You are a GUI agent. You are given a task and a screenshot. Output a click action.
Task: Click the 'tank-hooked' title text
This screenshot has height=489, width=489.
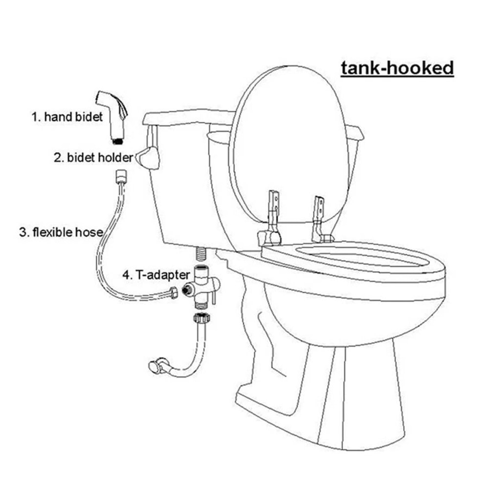[397, 68]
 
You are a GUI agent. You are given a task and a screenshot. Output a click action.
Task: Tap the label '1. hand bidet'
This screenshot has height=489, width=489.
[67, 117]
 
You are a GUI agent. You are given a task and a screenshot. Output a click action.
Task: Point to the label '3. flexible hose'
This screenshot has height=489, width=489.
[61, 232]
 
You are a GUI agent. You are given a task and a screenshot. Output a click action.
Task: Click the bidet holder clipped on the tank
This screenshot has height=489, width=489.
[148, 157]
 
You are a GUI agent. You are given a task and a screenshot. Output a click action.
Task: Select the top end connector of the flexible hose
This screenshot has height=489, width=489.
[120, 176]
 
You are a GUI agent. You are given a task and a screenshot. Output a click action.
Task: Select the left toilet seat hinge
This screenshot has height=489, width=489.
[270, 218]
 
